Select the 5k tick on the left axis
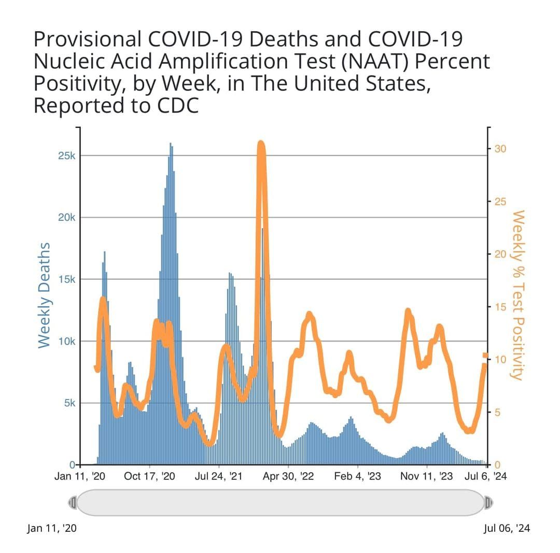(68, 403)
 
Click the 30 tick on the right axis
(500, 149)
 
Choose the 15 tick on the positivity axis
(500, 307)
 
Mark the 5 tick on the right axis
(497, 413)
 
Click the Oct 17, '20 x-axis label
(149, 476)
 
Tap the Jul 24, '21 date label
(219, 476)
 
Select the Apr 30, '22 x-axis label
(288, 476)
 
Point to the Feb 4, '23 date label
(358, 476)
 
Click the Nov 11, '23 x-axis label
(427, 476)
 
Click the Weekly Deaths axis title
(44, 295)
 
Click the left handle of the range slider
(73, 502)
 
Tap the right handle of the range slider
(488, 502)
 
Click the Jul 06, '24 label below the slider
(507, 529)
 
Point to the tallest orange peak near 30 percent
(261, 145)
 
